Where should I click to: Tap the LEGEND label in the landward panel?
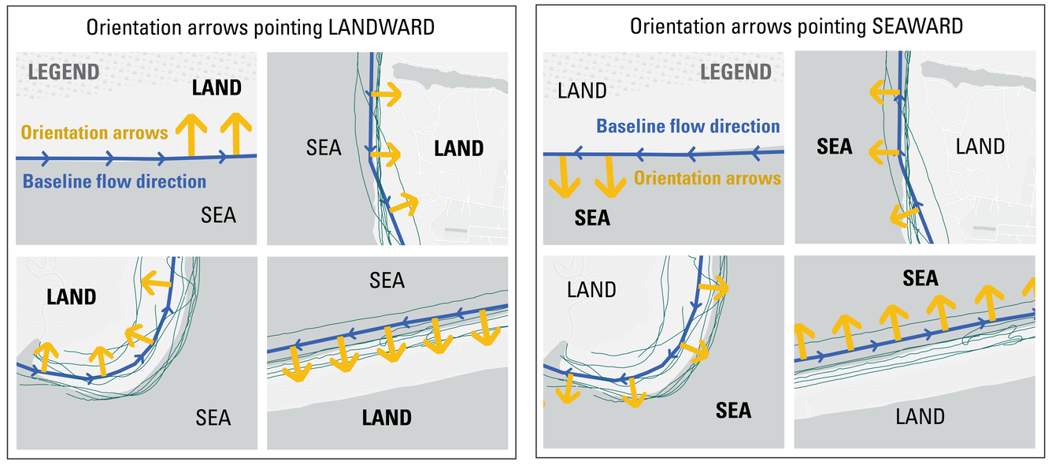(x=64, y=72)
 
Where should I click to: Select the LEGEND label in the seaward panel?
(x=735, y=73)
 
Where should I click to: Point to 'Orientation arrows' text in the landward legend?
(x=94, y=132)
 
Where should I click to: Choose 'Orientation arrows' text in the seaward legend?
(x=707, y=177)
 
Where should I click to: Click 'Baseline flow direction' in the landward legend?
(x=114, y=182)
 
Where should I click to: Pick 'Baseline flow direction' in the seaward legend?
(x=688, y=126)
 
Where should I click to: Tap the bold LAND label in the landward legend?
(x=217, y=87)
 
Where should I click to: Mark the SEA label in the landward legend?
(x=219, y=214)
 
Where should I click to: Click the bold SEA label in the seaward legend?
(x=592, y=218)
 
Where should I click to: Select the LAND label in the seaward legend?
(x=582, y=91)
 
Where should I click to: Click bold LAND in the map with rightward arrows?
(x=458, y=148)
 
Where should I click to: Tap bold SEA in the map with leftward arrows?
(x=835, y=147)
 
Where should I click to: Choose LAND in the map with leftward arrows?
(x=980, y=147)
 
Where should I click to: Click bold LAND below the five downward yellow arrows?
(x=387, y=417)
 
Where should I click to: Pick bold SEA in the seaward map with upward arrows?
(x=920, y=278)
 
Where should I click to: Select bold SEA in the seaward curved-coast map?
(x=733, y=410)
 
